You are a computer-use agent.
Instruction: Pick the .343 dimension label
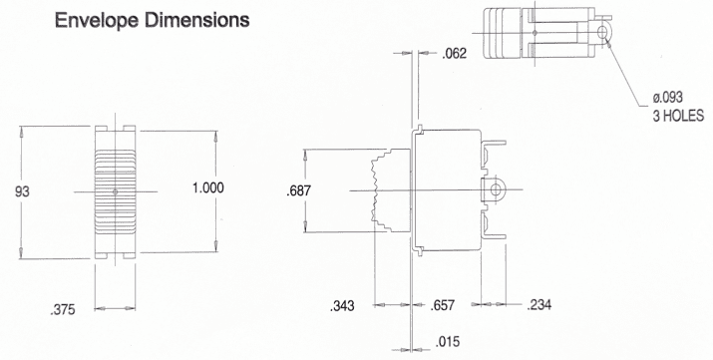pyautogui.click(x=343, y=305)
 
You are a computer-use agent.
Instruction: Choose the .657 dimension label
pyautogui.click(x=443, y=305)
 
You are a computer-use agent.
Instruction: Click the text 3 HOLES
pyautogui.click(x=678, y=115)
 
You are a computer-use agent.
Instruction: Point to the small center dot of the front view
pyautogui.click(x=117, y=189)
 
